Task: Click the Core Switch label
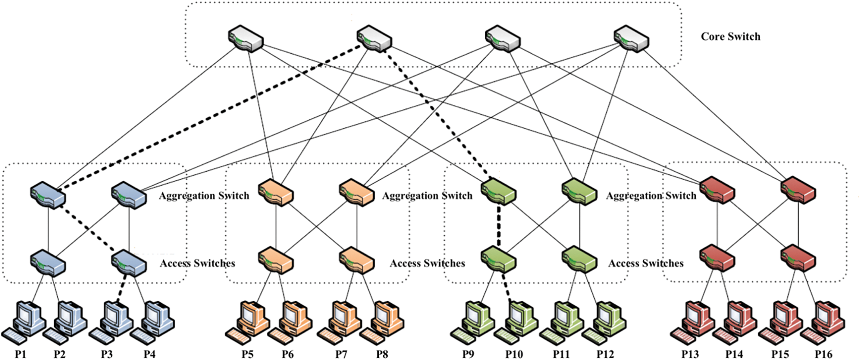tap(730, 37)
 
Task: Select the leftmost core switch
tap(246, 39)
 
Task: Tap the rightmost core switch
tap(632, 39)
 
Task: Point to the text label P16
tap(823, 354)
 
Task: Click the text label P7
tap(341, 354)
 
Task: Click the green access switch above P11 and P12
tap(580, 260)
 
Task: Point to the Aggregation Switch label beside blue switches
tap(204, 196)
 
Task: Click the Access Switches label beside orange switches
tap(428, 263)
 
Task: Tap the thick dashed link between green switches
tap(499, 226)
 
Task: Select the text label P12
tap(605, 354)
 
